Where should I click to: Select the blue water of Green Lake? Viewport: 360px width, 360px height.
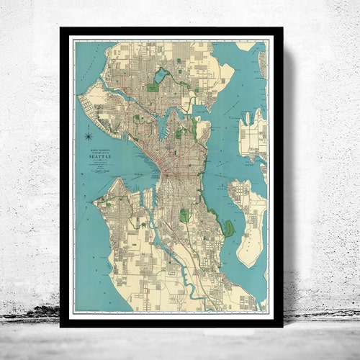(160, 75)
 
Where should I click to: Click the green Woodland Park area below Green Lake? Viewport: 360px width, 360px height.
(153, 87)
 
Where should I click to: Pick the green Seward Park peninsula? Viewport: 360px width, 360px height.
(228, 229)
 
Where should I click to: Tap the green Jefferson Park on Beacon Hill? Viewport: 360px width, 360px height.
(185, 215)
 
